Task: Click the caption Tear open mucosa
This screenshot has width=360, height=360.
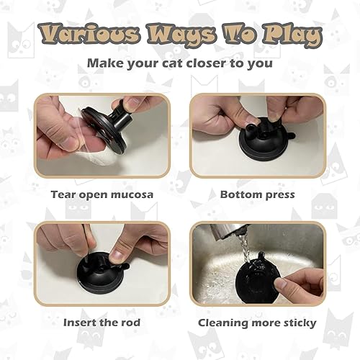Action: coord(101,194)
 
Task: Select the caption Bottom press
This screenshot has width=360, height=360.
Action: coord(257,194)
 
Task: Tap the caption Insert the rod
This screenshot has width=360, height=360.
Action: coord(101,323)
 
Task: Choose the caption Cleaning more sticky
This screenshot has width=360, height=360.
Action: coord(257,323)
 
